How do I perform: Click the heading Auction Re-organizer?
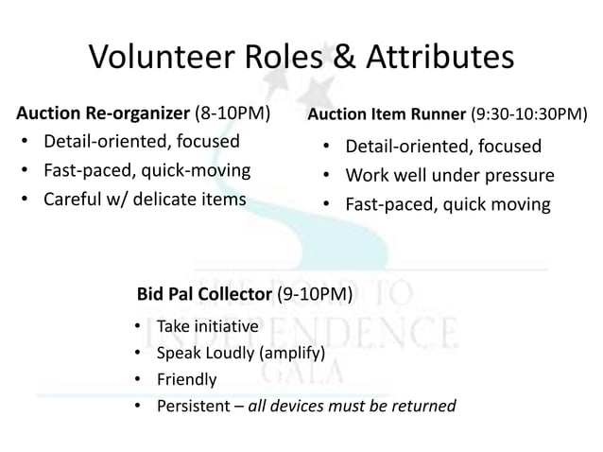103,115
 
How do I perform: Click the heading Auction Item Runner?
388,116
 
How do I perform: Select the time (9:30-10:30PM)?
528,116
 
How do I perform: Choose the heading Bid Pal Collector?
205,294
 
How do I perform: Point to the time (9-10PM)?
315,294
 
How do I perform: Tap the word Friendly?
186,379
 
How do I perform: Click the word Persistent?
192,406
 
